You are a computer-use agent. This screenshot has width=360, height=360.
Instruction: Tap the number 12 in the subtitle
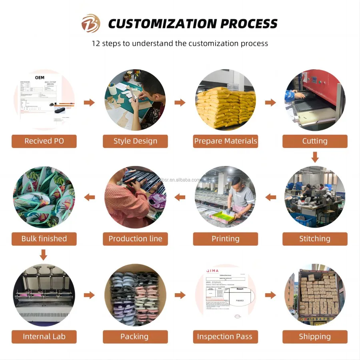[x=96, y=43]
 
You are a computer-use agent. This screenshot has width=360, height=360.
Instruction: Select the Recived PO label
[x=44, y=141]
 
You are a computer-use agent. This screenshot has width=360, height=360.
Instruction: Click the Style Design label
[x=135, y=141]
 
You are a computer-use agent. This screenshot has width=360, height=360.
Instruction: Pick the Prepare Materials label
[x=226, y=141]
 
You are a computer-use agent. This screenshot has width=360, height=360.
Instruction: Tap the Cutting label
[x=315, y=141]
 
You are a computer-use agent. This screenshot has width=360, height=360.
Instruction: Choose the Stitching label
[x=315, y=239]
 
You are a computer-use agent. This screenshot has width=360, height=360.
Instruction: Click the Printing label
[x=226, y=239]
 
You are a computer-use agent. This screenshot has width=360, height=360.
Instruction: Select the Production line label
[x=135, y=239]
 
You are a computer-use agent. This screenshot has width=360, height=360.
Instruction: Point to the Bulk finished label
[x=44, y=239]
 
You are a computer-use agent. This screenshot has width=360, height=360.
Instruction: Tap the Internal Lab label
[x=44, y=336]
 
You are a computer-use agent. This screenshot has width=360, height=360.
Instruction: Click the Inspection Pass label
[x=225, y=336]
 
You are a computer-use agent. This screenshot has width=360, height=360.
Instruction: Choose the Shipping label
[x=315, y=336]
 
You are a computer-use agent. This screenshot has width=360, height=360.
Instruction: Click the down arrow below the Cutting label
[x=315, y=157]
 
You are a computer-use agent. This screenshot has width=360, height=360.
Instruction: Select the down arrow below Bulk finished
[x=44, y=254]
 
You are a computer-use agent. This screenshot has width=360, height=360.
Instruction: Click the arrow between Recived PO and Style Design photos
[x=89, y=102]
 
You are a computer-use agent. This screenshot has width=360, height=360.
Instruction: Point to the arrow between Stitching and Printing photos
[x=271, y=197]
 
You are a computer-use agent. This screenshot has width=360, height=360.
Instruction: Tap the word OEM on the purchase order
[x=40, y=77]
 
